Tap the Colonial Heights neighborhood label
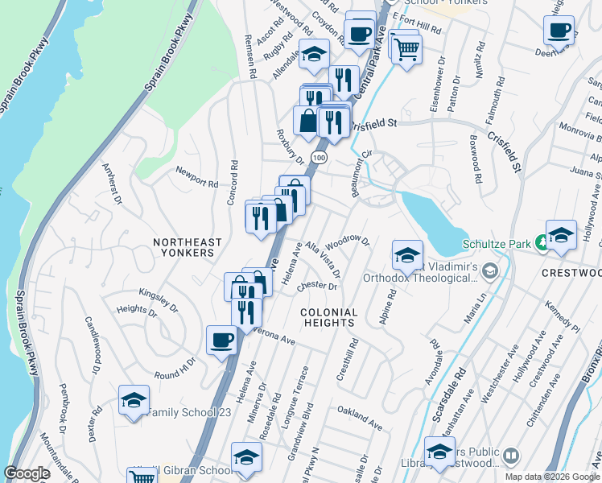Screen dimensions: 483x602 pos(328,317)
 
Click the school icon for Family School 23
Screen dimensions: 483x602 pos(134,400)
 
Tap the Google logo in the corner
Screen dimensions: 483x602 pos(27,473)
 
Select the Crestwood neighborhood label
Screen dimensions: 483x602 pos(573,273)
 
